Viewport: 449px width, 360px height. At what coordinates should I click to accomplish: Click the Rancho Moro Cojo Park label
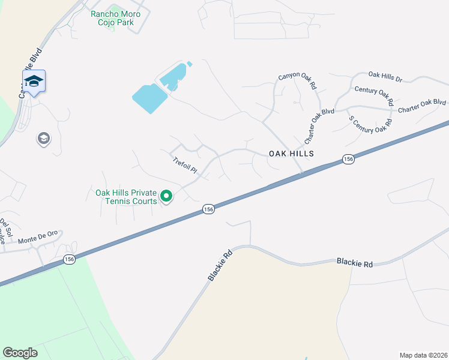pyautogui.click(x=115, y=18)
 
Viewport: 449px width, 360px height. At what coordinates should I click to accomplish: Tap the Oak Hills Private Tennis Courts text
pyautogui.click(x=126, y=197)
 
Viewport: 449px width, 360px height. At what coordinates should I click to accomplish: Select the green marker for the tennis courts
pyautogui.click(x=167, y=196)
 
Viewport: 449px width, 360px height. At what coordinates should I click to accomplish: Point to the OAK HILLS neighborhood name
pyautogui.click(x=291, y=154)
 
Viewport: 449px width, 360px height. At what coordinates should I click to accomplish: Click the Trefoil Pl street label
pyautogui.click(x=185, y=166)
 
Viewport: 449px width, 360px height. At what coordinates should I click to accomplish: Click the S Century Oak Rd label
pyautogui.click(x=370, y=126)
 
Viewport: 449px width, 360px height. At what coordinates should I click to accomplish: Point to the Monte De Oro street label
pyautogui.click(x=38, y=238)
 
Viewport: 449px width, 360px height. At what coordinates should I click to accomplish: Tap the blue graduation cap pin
pyautogui.click(x=34, y=82)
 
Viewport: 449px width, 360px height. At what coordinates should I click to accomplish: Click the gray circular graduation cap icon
pyautogui.click(x=43, y=139)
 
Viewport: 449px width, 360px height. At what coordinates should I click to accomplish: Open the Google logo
pyautogui.click(x=20, y=353)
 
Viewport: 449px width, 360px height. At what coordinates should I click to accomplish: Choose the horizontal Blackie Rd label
pyautogui.click(x=355, y=262)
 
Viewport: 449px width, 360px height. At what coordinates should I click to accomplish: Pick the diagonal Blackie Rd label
pyautogui.click(x=220, y=266)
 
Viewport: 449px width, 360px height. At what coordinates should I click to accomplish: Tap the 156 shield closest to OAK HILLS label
pyautogui.click(x=348, y=159)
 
